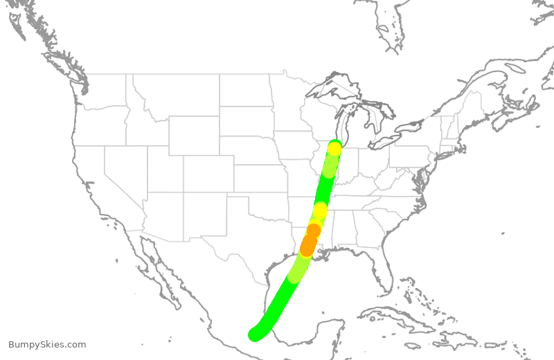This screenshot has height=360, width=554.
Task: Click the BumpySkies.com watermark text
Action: click(47, 344)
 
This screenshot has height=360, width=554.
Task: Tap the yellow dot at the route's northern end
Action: click(334, 148)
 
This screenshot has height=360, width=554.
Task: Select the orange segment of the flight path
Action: click(309, 242)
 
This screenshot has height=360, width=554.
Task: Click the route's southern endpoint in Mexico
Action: click(256, 335)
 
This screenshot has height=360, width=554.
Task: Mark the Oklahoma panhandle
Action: click(215, 199)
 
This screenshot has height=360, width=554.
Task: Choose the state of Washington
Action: click(104, 90)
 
